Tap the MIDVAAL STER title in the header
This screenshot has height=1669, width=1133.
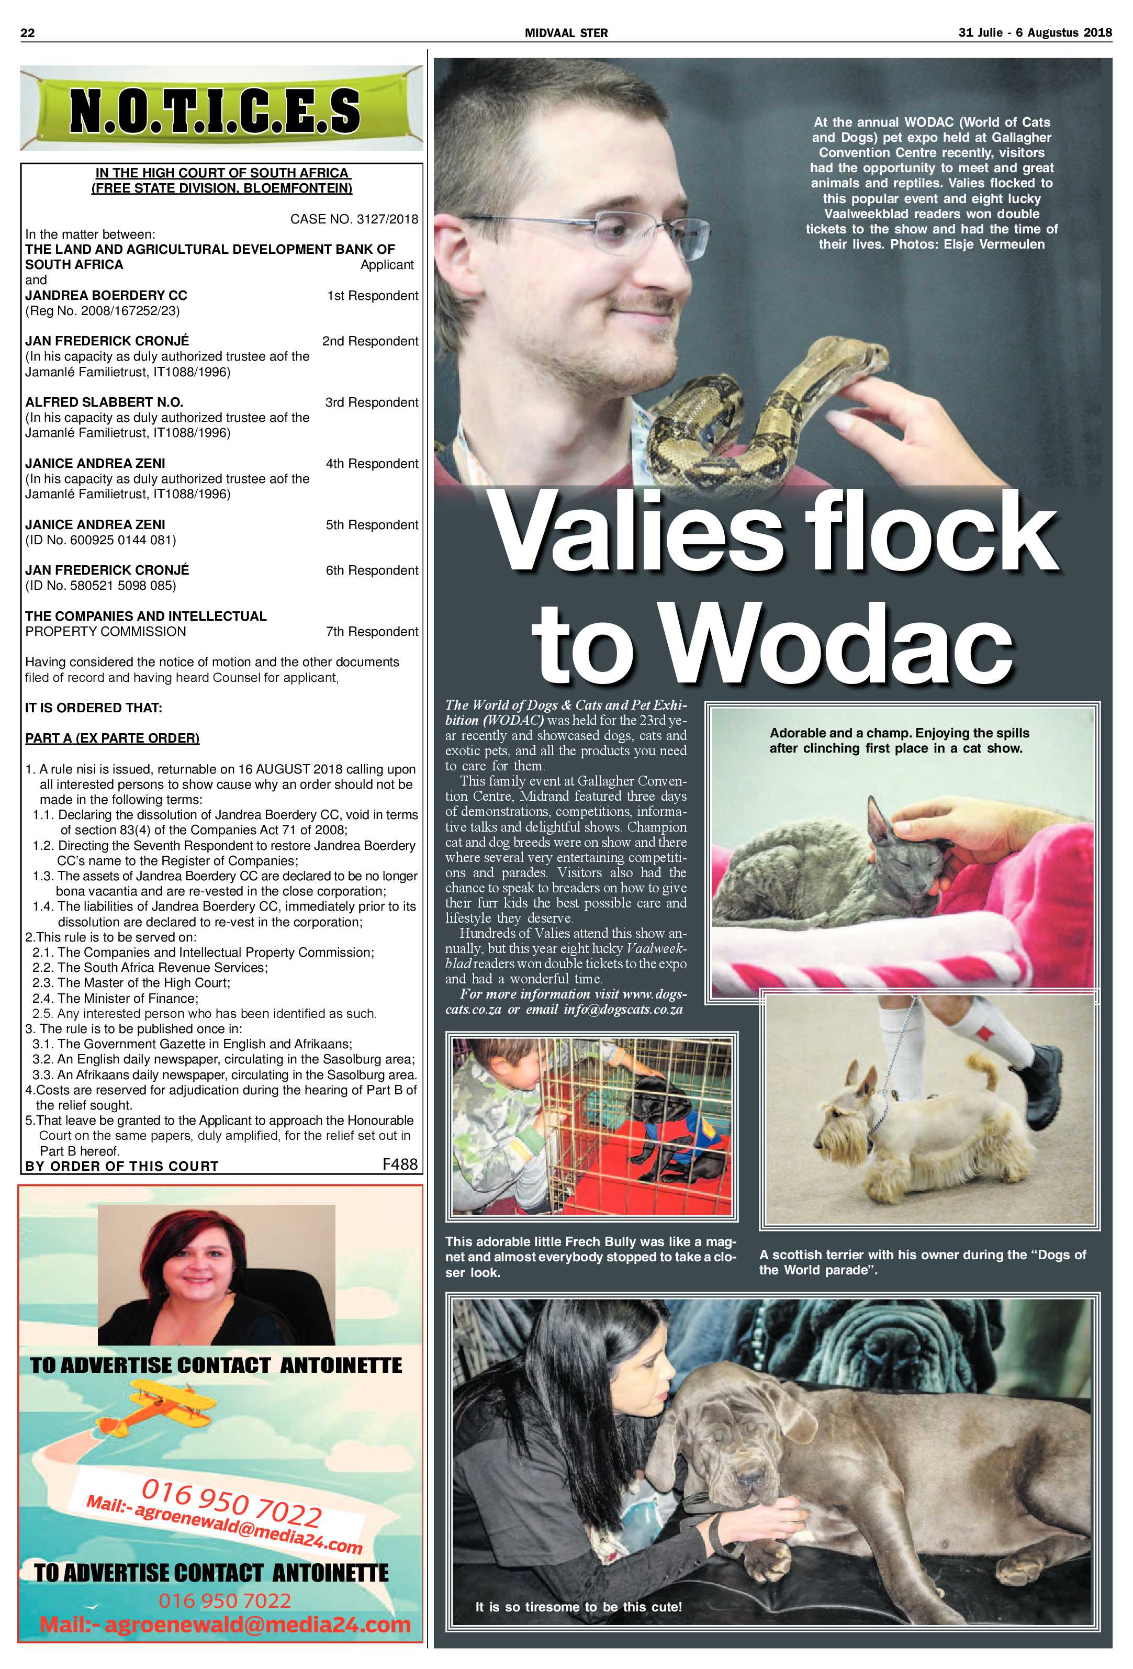click(566, 33)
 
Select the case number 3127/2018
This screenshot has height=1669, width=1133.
click(354, 219)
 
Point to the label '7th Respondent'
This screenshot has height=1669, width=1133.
click(372, 631)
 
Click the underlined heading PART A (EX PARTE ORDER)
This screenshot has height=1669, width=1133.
click(112, 738)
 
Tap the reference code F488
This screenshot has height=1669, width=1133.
click(400, 1164)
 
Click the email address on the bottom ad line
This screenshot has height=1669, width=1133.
click(225, 1625)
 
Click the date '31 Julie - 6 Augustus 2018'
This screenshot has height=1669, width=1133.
click(1035, 33)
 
